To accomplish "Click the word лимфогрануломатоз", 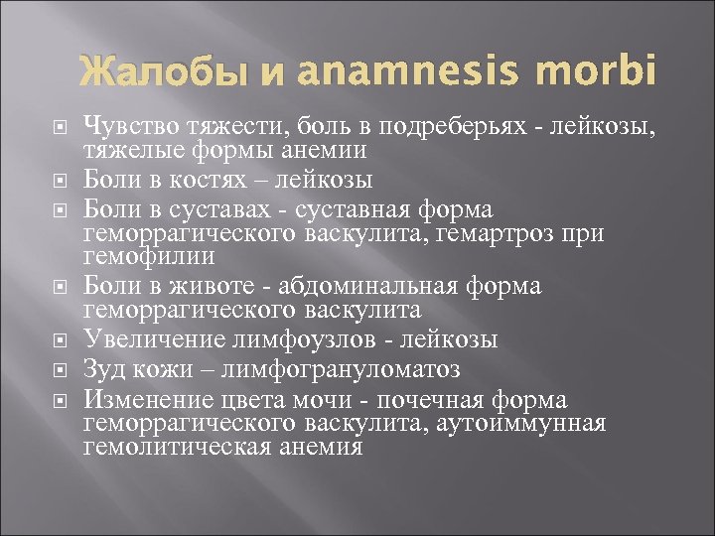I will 355,370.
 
